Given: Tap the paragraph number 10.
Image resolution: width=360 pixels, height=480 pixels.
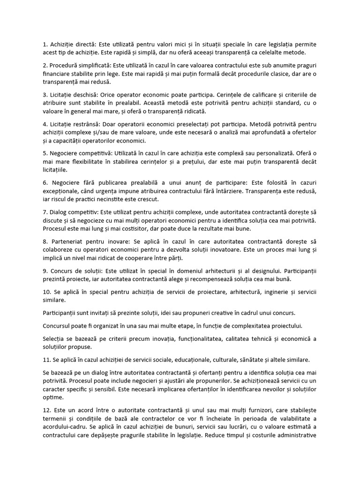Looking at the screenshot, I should [47, 292].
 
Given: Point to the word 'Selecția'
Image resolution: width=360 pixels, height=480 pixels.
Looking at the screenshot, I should [54, 338].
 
